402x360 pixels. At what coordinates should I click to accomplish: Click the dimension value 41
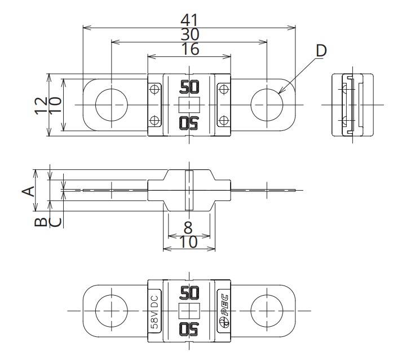189,20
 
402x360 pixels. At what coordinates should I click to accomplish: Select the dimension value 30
189,34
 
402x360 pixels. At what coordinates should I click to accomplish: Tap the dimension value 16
190,49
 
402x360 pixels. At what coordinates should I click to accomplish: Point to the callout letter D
321,51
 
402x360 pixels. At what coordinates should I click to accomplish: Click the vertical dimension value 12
41,105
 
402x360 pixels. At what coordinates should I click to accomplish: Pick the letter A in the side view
28,191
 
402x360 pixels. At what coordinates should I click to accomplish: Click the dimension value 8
188,227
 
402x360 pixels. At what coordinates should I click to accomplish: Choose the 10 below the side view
188,242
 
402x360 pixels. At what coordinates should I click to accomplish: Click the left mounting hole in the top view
112,105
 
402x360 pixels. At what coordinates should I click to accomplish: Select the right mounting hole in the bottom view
267,311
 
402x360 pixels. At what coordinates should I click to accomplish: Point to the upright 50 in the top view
189,87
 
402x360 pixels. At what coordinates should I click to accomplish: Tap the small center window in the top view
189,105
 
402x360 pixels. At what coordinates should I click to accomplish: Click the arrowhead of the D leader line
280,92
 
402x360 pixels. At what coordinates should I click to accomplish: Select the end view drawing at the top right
352,105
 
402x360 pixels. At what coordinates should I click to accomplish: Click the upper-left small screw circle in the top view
154,90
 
